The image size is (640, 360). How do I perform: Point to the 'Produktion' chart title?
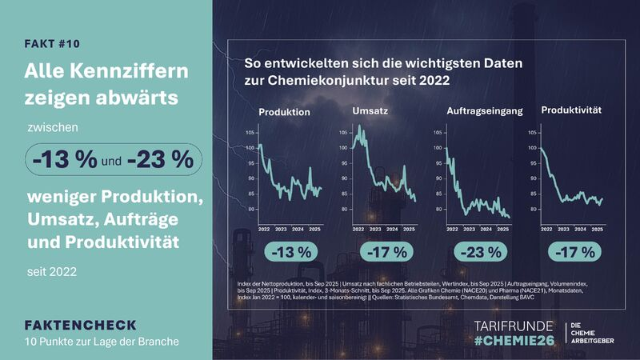[x=284, y=113]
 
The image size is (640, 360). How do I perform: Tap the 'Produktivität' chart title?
[x=572, y=110]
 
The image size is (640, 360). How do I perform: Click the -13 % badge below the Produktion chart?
[x=289, y=253]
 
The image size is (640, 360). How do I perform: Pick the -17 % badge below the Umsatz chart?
[x=385, y=253]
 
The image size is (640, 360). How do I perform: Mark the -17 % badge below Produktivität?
[x=574, y=253]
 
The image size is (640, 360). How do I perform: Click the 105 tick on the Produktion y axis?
[x=250, y=132]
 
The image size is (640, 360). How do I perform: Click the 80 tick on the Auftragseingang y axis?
[x=441, y=210]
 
